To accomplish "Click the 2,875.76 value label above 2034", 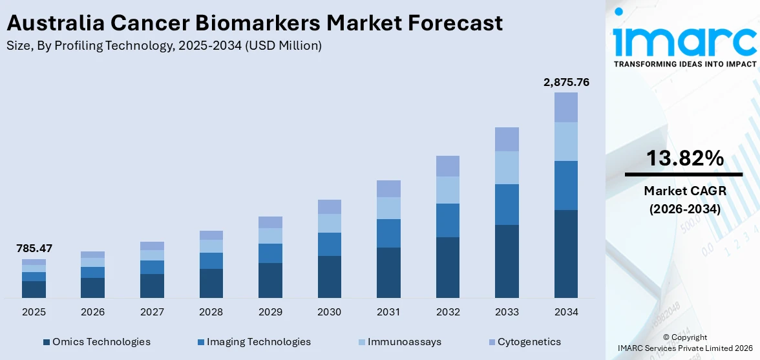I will pyautogui.click(x=566, y=82).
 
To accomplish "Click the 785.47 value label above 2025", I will pyautogui.click(x=34, y=248).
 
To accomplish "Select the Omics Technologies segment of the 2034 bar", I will pyautogui.click(x=566, y=253).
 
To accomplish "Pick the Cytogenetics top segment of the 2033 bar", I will pyautogui.click(x=507, y=139).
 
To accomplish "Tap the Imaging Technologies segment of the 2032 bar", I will pyautogui.click(x=447, y=220).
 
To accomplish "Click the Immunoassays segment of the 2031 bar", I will pyautogui.click(x=388, y=208).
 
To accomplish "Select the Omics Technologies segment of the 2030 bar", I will pyautogui.click(x=329, y=277).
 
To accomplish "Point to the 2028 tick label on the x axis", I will pyautogui.click(x=211, y=312).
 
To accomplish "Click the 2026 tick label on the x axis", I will pyautogui.click(x=92, y=312).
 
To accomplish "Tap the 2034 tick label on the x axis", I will pyautogui.click(x=566, y=312).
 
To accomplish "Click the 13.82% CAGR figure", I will pyautogui.click(x=684, y=158).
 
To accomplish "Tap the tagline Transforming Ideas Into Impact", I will pyautogui.click(x=684, y=64).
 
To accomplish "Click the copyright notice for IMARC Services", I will pyautogui.click(x=684, y=343).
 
